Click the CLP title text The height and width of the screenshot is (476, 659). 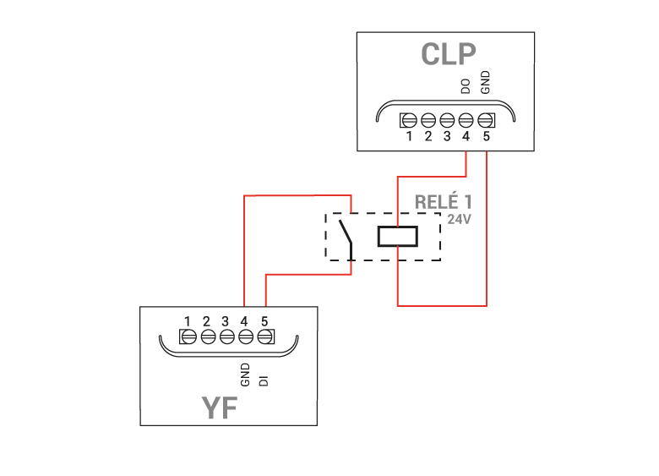[449, 54]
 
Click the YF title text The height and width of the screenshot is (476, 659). [220, 408]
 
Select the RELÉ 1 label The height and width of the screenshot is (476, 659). [444, 201]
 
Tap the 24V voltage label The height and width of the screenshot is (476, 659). [459, 219]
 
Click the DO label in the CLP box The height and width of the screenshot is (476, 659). [466, 86]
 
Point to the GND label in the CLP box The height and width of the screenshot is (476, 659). [485, 82]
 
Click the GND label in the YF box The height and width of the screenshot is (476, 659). [245, 375]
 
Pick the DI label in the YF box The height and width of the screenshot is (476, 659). [264, 380]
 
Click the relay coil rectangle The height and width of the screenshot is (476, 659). [398, 237]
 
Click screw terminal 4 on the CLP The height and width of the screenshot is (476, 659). [466, 121]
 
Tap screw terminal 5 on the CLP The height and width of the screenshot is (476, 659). [486, 121]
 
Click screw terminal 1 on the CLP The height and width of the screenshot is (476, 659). [409, 121]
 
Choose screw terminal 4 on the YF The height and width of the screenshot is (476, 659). [246, 336]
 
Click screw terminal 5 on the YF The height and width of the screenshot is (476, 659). [264, 336]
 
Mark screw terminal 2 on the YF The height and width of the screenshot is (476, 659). [208, 336]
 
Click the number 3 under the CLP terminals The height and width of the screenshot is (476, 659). [447, 136]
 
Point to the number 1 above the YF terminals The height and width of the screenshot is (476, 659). [188, 321]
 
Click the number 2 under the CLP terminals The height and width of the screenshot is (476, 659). [428, 136]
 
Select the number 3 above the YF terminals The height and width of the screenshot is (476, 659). [226, 321]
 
